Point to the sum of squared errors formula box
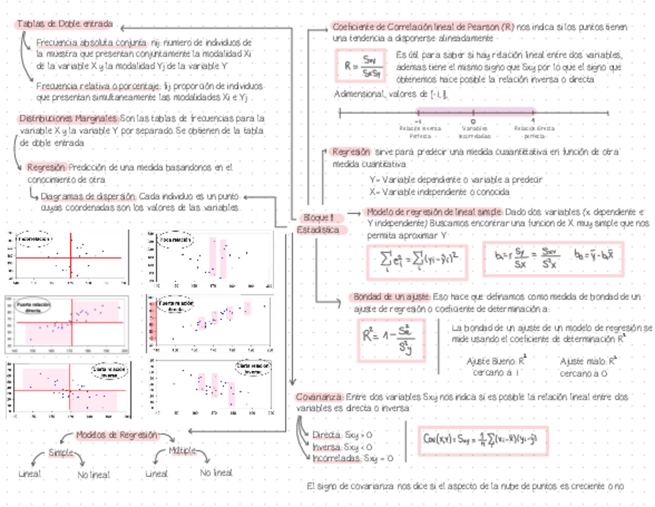pos(418,256)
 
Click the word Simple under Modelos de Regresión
pos(62,453)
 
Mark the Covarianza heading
pos(320,396)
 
